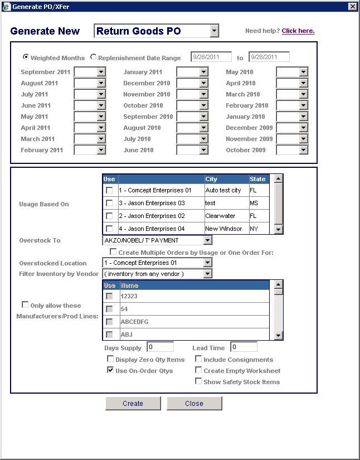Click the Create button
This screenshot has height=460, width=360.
[133, 403]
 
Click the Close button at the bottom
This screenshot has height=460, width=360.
[194, 403]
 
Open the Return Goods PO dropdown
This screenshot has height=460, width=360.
[215, 31]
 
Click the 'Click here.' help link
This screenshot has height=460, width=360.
[298, 31]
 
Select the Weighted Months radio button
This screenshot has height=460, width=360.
[26, 57]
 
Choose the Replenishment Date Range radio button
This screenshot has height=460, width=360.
[94, 57]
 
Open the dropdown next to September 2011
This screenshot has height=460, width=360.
[101, 72]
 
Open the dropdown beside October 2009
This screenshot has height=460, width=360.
[303, 150]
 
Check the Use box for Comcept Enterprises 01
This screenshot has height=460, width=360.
[109, 190]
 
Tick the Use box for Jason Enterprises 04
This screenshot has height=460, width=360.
[109, 229]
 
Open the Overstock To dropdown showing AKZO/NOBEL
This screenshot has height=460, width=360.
[207, 240]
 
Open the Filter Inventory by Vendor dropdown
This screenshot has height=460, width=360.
[207, 274]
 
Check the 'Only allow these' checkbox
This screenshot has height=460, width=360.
[25, 304]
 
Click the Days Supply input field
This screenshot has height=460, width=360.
[160, 347]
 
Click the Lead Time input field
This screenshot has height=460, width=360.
[244, 347]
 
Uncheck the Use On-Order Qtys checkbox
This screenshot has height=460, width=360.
[110, 370]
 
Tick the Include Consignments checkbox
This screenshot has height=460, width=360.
[198, 359]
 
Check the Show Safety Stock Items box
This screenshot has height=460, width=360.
[198, 381]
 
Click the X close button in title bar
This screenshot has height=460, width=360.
[352, 6]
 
